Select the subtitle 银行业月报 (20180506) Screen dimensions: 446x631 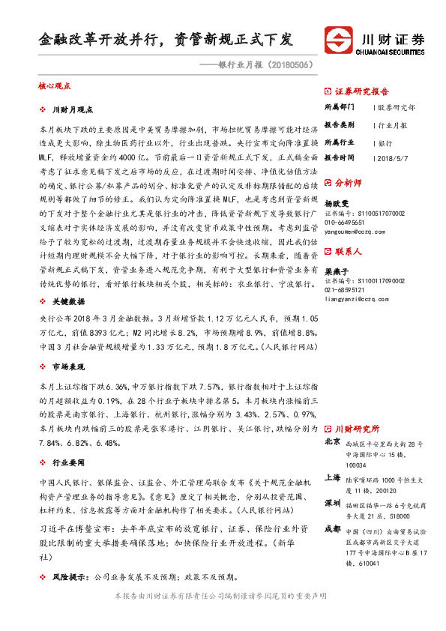[x=259, y=64]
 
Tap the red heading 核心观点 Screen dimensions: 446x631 [x=53, y=87]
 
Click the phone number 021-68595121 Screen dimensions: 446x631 [x=350, y=289]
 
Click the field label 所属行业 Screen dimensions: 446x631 [x=339, y=142]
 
